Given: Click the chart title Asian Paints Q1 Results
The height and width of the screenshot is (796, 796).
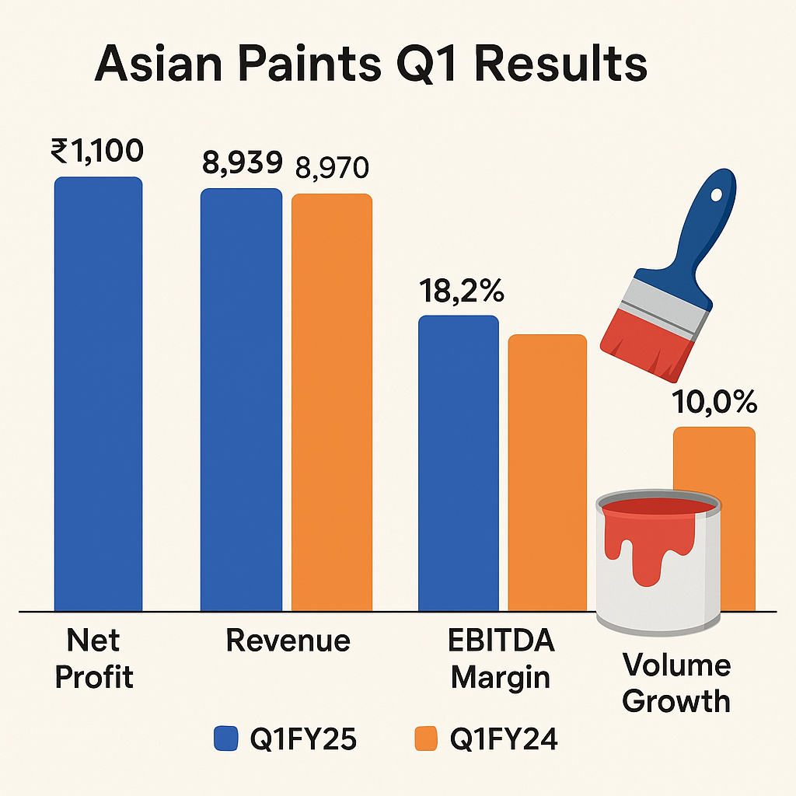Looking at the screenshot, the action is tap(371, 65).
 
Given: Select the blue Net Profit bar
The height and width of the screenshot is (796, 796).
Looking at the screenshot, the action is tap(99, 394).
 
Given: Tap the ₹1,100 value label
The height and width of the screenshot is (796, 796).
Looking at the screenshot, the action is tap(97, 151).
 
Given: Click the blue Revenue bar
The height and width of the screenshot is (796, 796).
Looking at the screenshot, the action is tap(241, 400).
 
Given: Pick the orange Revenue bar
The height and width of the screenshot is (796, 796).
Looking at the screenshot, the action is tap(332, 403).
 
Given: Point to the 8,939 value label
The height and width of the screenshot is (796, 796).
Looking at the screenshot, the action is tap(243, 163).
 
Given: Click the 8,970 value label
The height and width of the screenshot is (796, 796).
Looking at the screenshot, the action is tap(332, 168).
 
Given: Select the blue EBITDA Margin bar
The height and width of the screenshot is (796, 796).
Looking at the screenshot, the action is tap(459, 463).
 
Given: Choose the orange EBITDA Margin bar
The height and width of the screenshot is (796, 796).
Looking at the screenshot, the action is tap(547, 473).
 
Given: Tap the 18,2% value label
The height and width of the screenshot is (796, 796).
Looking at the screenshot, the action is tap(461, 291).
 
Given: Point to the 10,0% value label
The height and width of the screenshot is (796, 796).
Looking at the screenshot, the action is tap(714, 402).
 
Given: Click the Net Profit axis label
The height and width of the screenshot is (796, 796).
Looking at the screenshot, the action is tap(94, 658).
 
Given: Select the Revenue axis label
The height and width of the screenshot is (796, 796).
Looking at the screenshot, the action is tap(288, 641).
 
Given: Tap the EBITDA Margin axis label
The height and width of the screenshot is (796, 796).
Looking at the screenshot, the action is tap(501, 658).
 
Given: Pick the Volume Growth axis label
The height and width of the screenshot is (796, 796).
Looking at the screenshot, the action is tap(676, 683).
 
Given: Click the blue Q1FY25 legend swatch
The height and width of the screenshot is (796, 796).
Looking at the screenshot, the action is tap(226, 738).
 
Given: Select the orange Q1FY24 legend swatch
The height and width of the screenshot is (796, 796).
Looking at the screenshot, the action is tap(425, 738).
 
